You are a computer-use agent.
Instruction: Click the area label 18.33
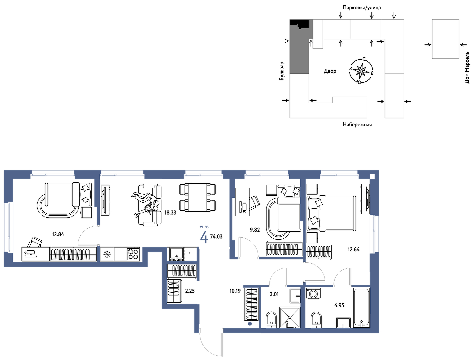pos(170,213)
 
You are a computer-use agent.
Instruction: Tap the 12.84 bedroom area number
pos(58,234)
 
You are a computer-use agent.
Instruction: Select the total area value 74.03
pos(216,237)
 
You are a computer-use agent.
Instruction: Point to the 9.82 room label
pos(255,230)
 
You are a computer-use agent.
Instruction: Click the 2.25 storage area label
pos(190,291)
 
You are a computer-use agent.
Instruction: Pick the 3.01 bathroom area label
pos(274,294)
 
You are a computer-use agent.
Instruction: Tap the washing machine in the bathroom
pos(313,293)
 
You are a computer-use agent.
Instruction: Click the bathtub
pos(361,308)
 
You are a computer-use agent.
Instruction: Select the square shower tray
pos(290,317)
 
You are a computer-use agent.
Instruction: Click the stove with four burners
pos(133,254)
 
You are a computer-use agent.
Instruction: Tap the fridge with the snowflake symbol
pos(107,254)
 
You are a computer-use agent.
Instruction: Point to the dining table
pos(198,197)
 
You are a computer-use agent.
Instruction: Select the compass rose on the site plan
pos(361,70)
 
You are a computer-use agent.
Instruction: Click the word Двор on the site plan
pos(330,71)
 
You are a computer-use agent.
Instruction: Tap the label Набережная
pos(357,125)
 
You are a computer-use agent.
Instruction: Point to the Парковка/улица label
pos(362,8)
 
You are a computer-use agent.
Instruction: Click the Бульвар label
pos(282,71)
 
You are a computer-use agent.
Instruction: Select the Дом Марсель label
pos(467,67)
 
